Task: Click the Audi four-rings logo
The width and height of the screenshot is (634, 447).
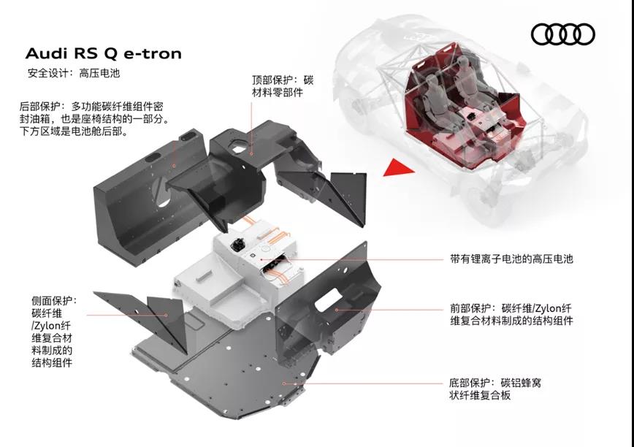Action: click(x=562, y=34)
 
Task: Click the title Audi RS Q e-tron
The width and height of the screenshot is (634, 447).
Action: click(x=103, y=53)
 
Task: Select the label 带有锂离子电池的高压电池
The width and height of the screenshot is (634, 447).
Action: click(x=511, y=259)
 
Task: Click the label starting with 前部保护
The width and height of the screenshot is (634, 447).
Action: click(x=511, y=313)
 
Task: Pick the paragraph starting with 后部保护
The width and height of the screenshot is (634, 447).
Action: click(x=94, y=119)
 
